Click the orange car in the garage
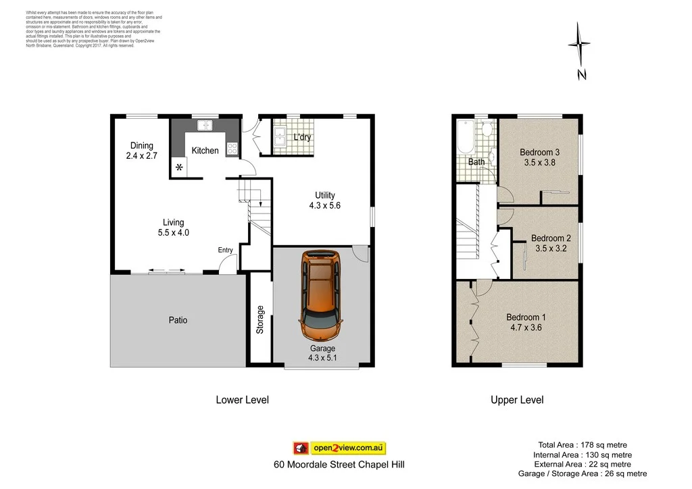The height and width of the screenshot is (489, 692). [320, 296]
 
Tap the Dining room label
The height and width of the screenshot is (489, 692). [142, 146]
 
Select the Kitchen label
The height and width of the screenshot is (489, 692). [205, 151]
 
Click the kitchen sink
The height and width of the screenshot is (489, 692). [205, 125]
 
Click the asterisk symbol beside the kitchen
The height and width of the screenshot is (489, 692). [179, 168]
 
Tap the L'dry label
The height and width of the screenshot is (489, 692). [302, 138]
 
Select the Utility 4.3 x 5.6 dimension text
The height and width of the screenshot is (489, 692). [325, 205]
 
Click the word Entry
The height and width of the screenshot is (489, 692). [225, 250]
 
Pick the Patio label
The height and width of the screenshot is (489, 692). [178, 320]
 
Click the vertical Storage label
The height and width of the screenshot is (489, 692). [259, 320]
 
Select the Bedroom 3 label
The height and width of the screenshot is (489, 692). [539, 151]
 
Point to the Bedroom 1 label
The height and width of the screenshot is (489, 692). [526, 317]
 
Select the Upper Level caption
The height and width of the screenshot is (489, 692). [516, 400]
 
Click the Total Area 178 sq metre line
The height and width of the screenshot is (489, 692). [582, 444]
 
